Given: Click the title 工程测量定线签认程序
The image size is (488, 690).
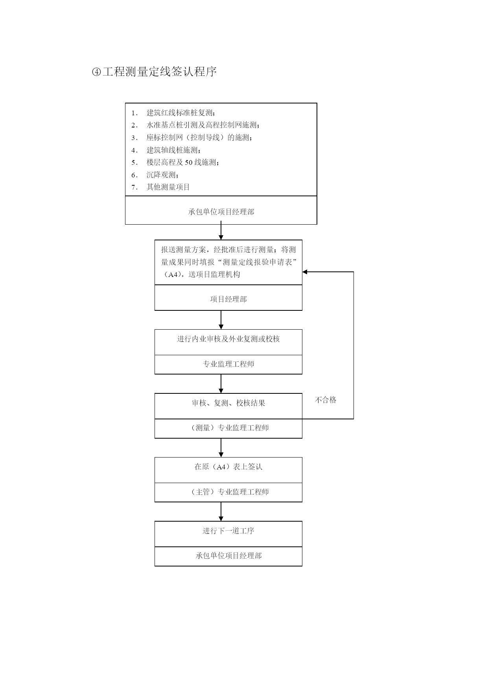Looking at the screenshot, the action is coord(160,72).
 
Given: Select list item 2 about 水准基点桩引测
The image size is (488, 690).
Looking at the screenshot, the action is coord(203,125).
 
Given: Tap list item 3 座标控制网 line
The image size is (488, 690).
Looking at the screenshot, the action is coord(199,138).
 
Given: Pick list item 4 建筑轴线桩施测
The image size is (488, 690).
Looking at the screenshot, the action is coord(174,150).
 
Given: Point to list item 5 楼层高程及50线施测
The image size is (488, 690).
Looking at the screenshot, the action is coord(183,162).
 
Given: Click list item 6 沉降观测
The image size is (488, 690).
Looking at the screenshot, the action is coord(163,175).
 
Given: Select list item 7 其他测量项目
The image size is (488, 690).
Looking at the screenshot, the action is coord(168,187).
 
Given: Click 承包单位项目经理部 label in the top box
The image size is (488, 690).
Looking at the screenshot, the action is coord(221,212).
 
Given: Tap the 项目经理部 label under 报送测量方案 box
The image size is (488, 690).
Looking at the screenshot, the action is coord(228,299).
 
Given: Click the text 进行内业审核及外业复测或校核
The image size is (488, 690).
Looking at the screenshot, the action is coord(228,339).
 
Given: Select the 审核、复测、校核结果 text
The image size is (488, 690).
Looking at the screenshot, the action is coord(228,403).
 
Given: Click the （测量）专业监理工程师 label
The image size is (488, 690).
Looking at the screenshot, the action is coord(228,428).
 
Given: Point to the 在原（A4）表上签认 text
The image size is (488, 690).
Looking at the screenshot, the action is coord(228,467).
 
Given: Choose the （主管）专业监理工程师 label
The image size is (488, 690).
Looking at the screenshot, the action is coord(228,492).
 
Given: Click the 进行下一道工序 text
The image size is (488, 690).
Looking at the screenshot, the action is coord(228,531).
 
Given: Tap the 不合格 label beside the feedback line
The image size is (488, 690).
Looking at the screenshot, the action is coord(326,400).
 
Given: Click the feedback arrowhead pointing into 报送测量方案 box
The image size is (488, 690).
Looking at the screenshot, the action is coord(305,272).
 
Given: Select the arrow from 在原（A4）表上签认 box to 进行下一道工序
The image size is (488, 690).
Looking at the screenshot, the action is coord(221,512).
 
